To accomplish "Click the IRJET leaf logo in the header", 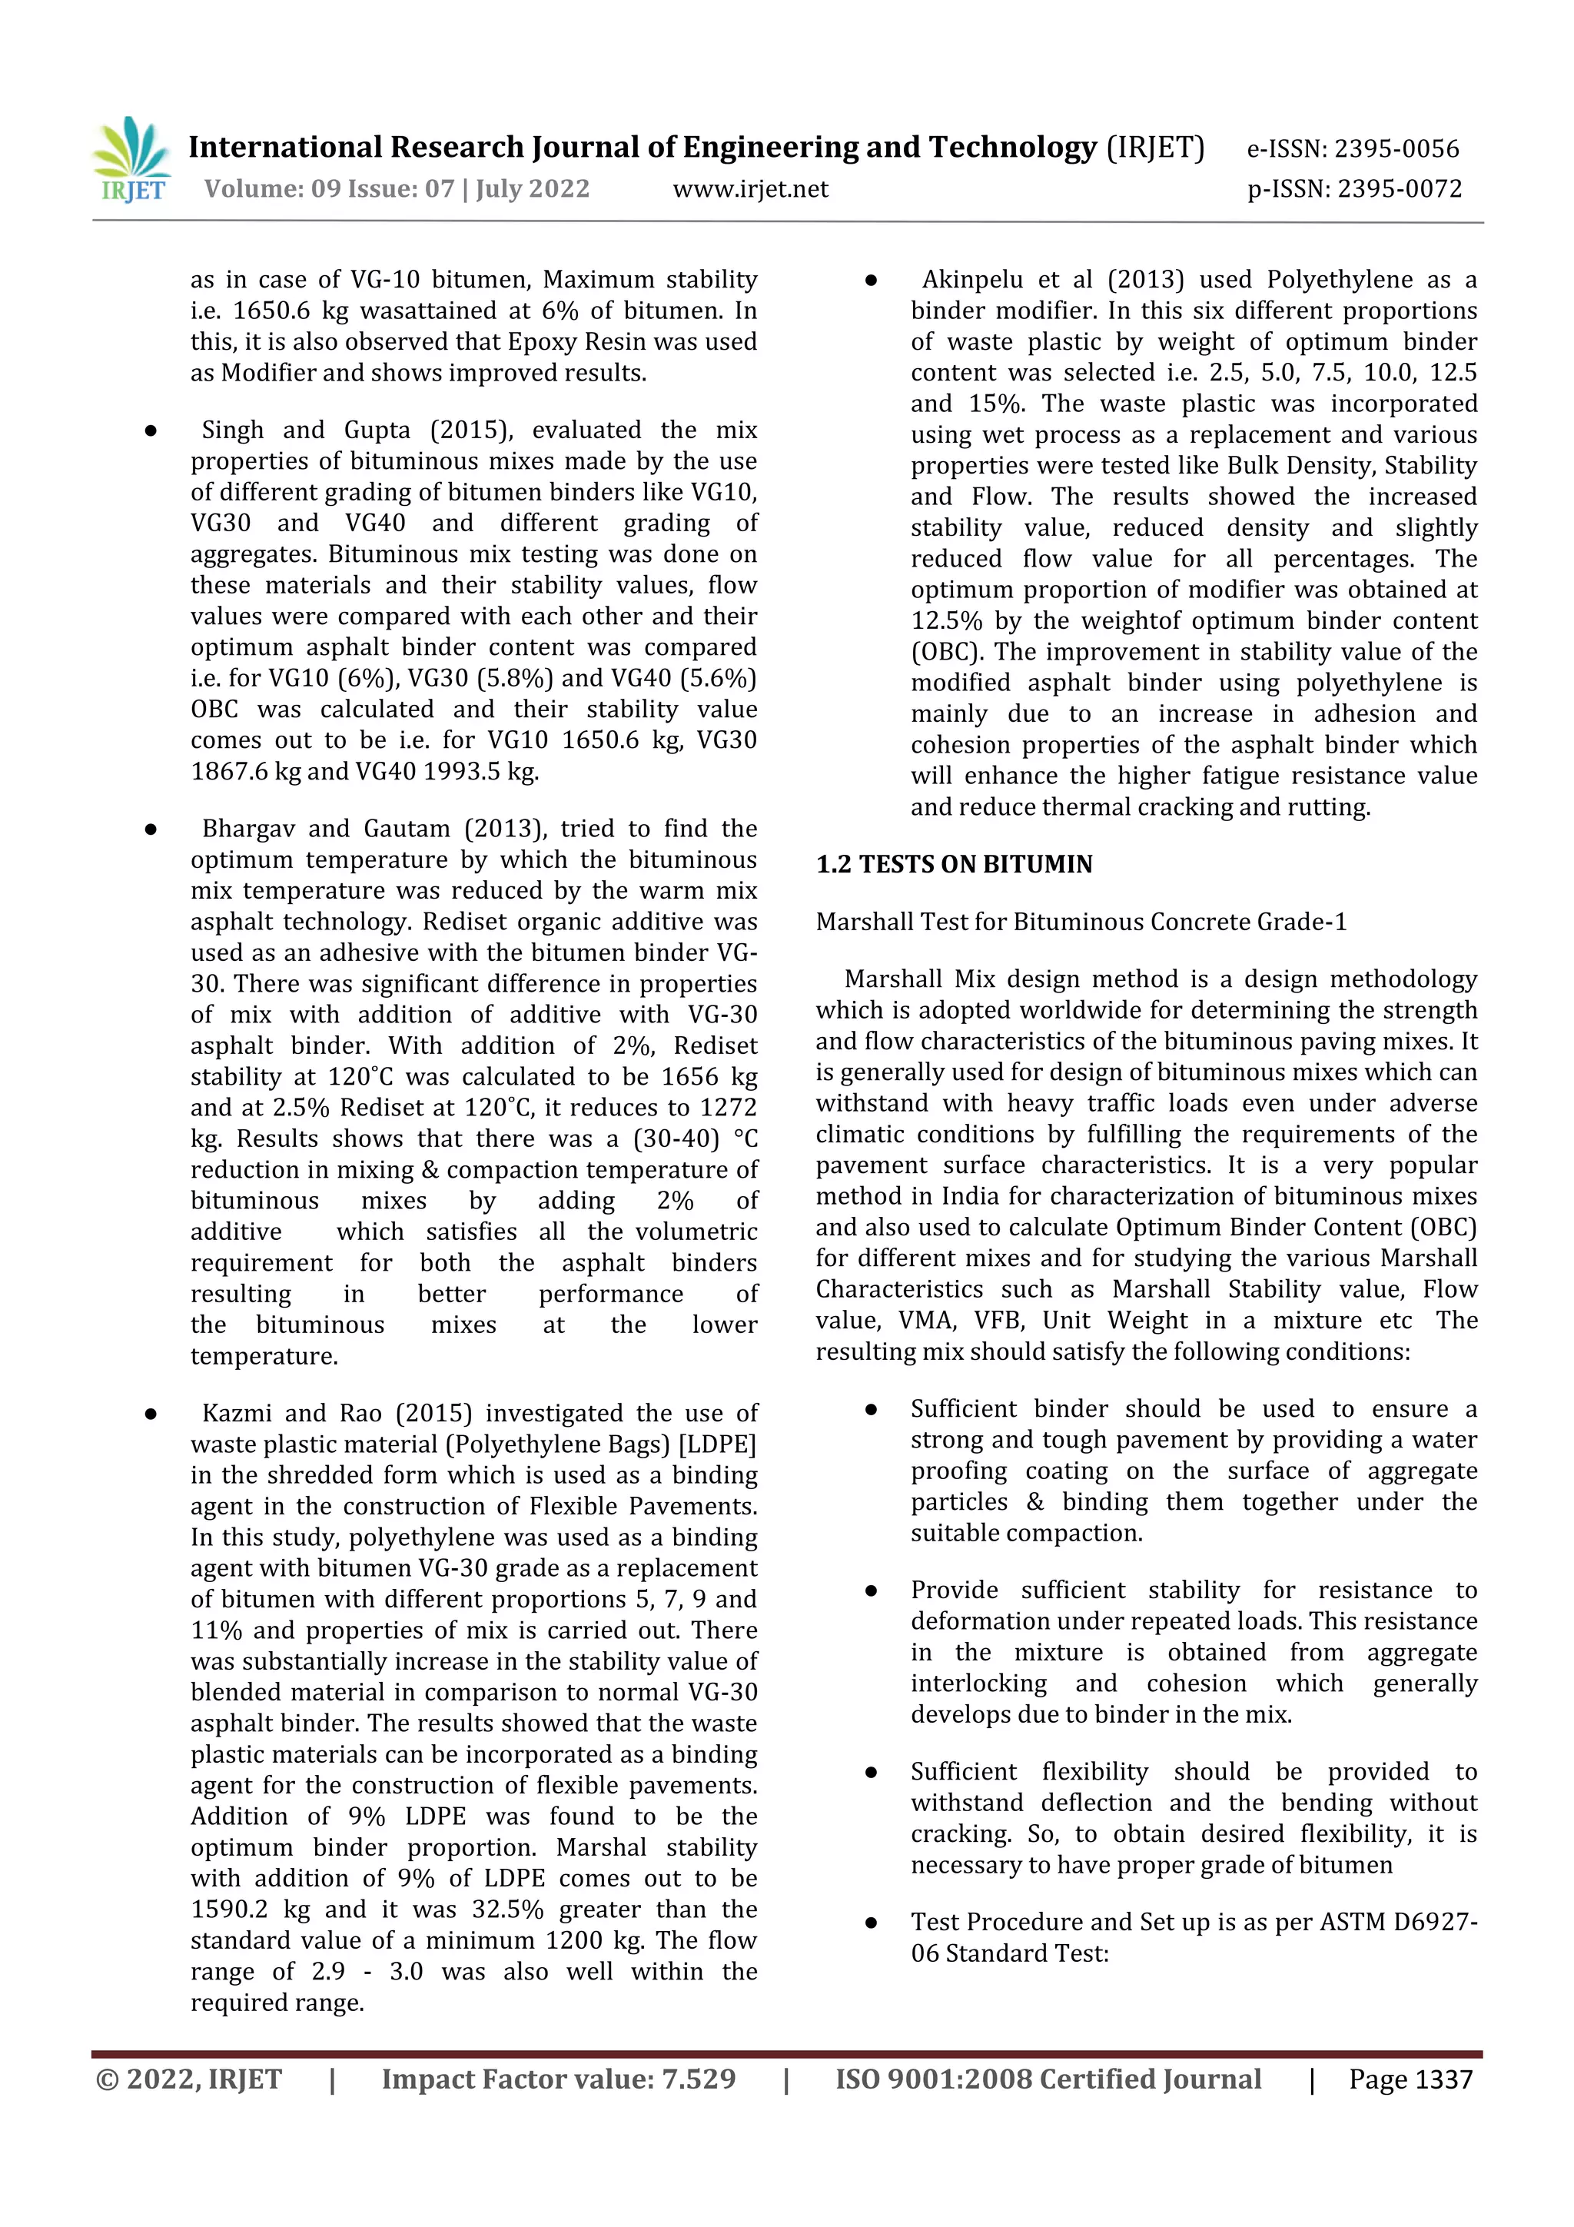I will click(x=133, y=159).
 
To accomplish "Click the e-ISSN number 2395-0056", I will click(x=1396, y=148).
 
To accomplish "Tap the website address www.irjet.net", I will click(x=751, y=189).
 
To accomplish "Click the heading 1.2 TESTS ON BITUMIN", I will click(x=955, y=864).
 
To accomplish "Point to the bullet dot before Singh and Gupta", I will click(x=151, y=430).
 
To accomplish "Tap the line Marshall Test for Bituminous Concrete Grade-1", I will click(x=1081, y=922).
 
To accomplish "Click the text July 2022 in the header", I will click(x=533, y=189).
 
